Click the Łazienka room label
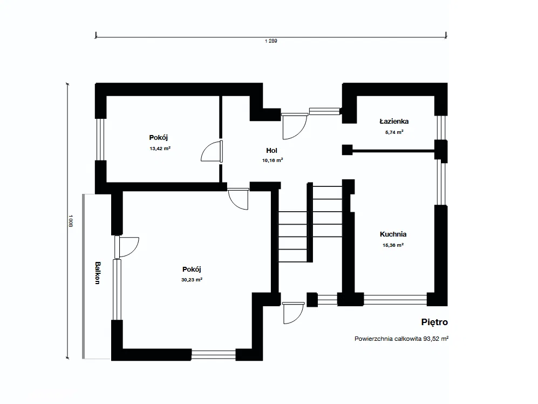[394, 122]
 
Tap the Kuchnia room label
[393, 234]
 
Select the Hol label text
[271, 151]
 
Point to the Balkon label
[98, 273]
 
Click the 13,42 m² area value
[160, 149]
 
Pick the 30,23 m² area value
[192, 280]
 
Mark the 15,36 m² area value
[393, 245]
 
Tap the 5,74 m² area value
[394, 132]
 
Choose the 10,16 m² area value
[273, 160]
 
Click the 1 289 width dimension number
[271, 41]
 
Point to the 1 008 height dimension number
[70, 221]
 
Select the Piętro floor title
[434, 322]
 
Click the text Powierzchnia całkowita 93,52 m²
[401, 339]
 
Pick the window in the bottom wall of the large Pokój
[213, 354]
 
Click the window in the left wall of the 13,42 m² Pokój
[100, 139]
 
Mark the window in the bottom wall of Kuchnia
[395, 300]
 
